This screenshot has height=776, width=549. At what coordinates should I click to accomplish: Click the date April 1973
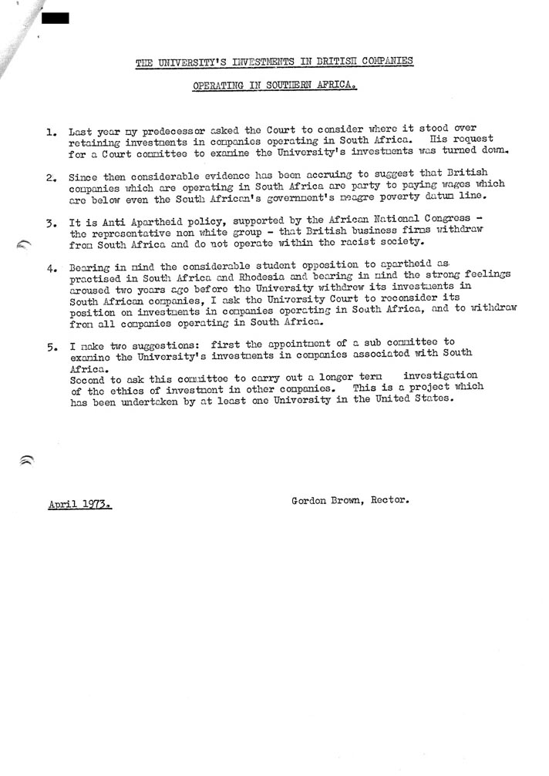click(x=79, y=506)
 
